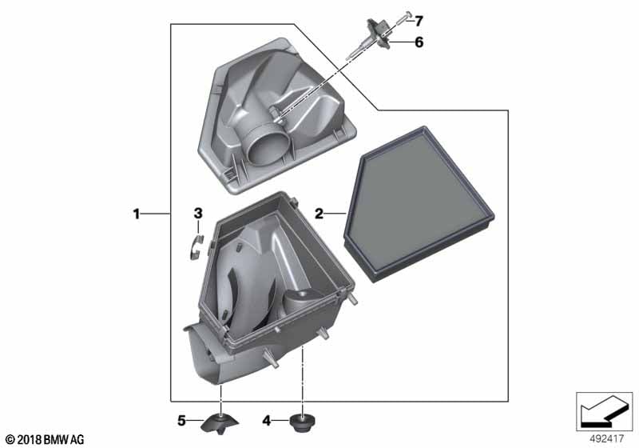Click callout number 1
tap(137, 214)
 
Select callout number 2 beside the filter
tap(319, 214)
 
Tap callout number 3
tap(198, 213)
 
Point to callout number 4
tap(267, 420)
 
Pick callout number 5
tap(182, 420)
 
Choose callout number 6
tap(419, 42)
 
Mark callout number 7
tap(419, 21)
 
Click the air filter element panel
tap(419, 204)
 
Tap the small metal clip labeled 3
tap(196, 247)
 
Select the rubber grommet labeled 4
tap(303, 422)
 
